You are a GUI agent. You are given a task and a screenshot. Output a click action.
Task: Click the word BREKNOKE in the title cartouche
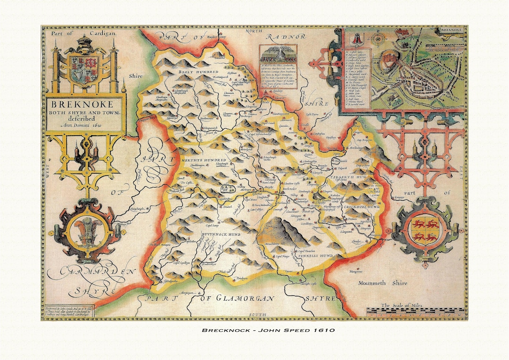click(x=86, y=104)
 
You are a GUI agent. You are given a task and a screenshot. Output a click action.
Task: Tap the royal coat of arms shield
click(x=85, y=69)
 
